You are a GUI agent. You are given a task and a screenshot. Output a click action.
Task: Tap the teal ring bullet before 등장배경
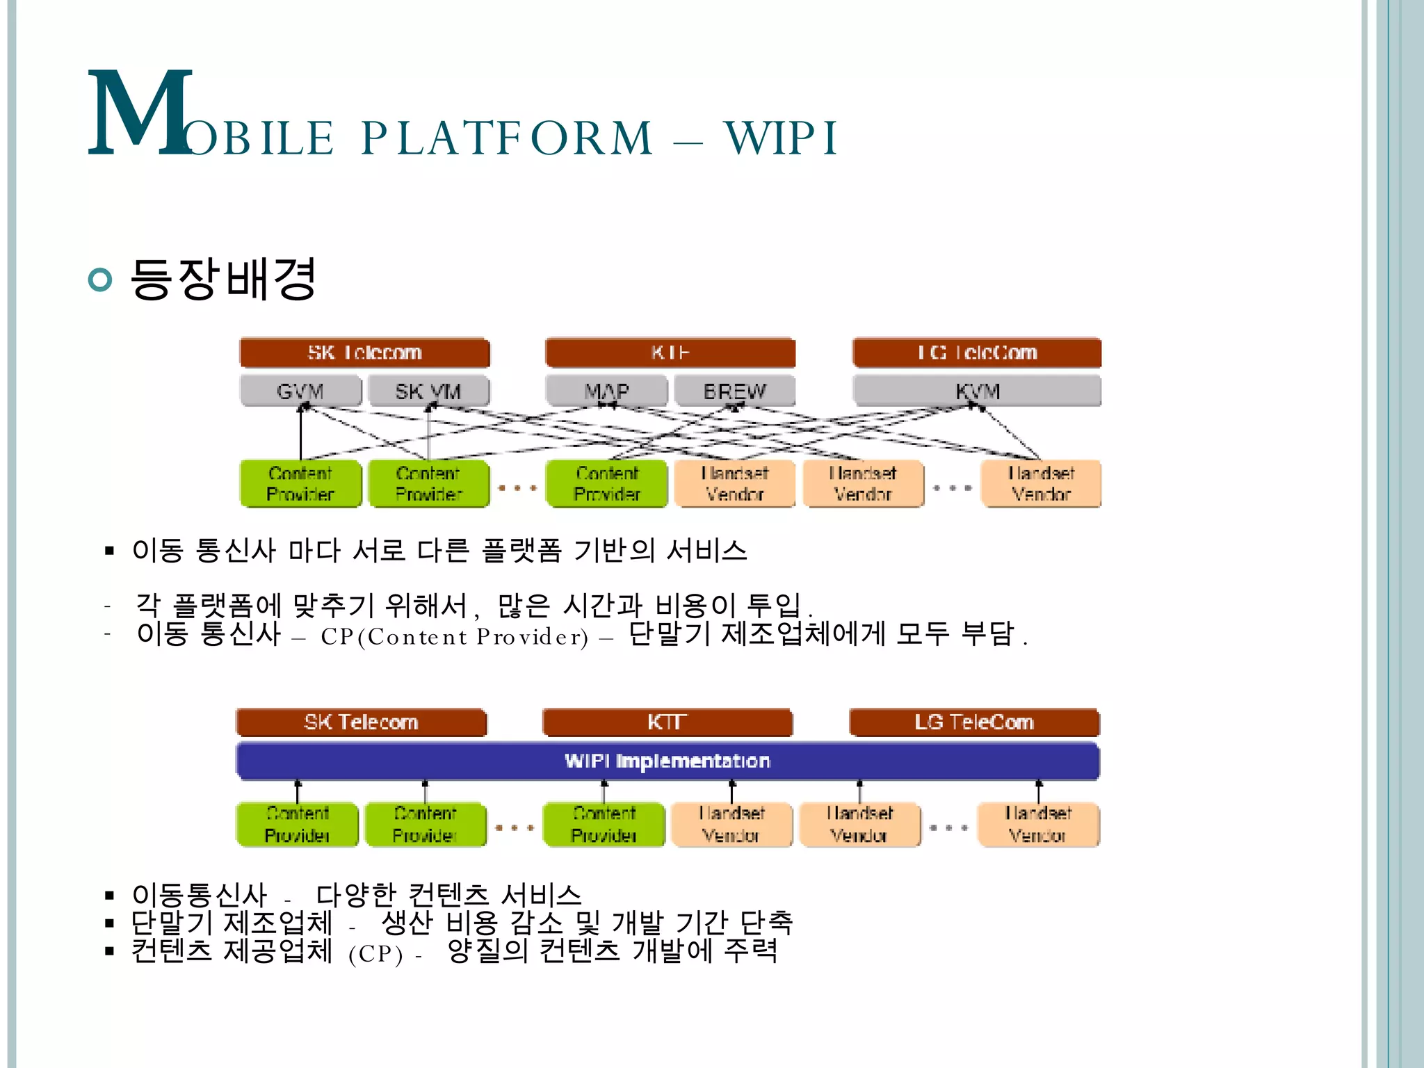101,280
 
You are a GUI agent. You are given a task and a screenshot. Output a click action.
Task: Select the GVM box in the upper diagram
300,391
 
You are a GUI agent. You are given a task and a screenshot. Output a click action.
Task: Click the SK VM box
428,391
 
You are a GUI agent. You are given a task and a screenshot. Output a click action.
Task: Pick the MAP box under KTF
606,391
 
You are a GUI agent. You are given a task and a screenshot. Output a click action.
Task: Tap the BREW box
734,391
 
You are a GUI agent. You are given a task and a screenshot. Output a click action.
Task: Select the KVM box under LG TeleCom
977,391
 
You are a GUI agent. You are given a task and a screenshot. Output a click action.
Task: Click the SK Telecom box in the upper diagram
364,353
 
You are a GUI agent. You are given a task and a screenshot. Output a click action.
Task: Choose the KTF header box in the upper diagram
670,353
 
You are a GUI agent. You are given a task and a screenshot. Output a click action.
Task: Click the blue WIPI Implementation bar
667,761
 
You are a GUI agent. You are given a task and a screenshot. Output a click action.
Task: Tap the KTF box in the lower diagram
667,722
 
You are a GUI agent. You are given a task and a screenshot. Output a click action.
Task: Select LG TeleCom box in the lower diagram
974,722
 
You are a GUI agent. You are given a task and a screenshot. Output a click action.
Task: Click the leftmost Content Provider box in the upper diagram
300,483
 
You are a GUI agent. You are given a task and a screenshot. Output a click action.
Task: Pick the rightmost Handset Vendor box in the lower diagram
1038,825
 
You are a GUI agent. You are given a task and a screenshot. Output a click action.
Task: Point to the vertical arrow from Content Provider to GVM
300,435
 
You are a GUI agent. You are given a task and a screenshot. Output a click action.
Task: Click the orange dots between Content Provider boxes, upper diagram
517,488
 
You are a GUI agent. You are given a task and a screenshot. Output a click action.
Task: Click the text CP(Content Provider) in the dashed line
454,637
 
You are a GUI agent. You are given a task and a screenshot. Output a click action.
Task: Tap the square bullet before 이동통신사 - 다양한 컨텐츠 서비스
109,896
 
